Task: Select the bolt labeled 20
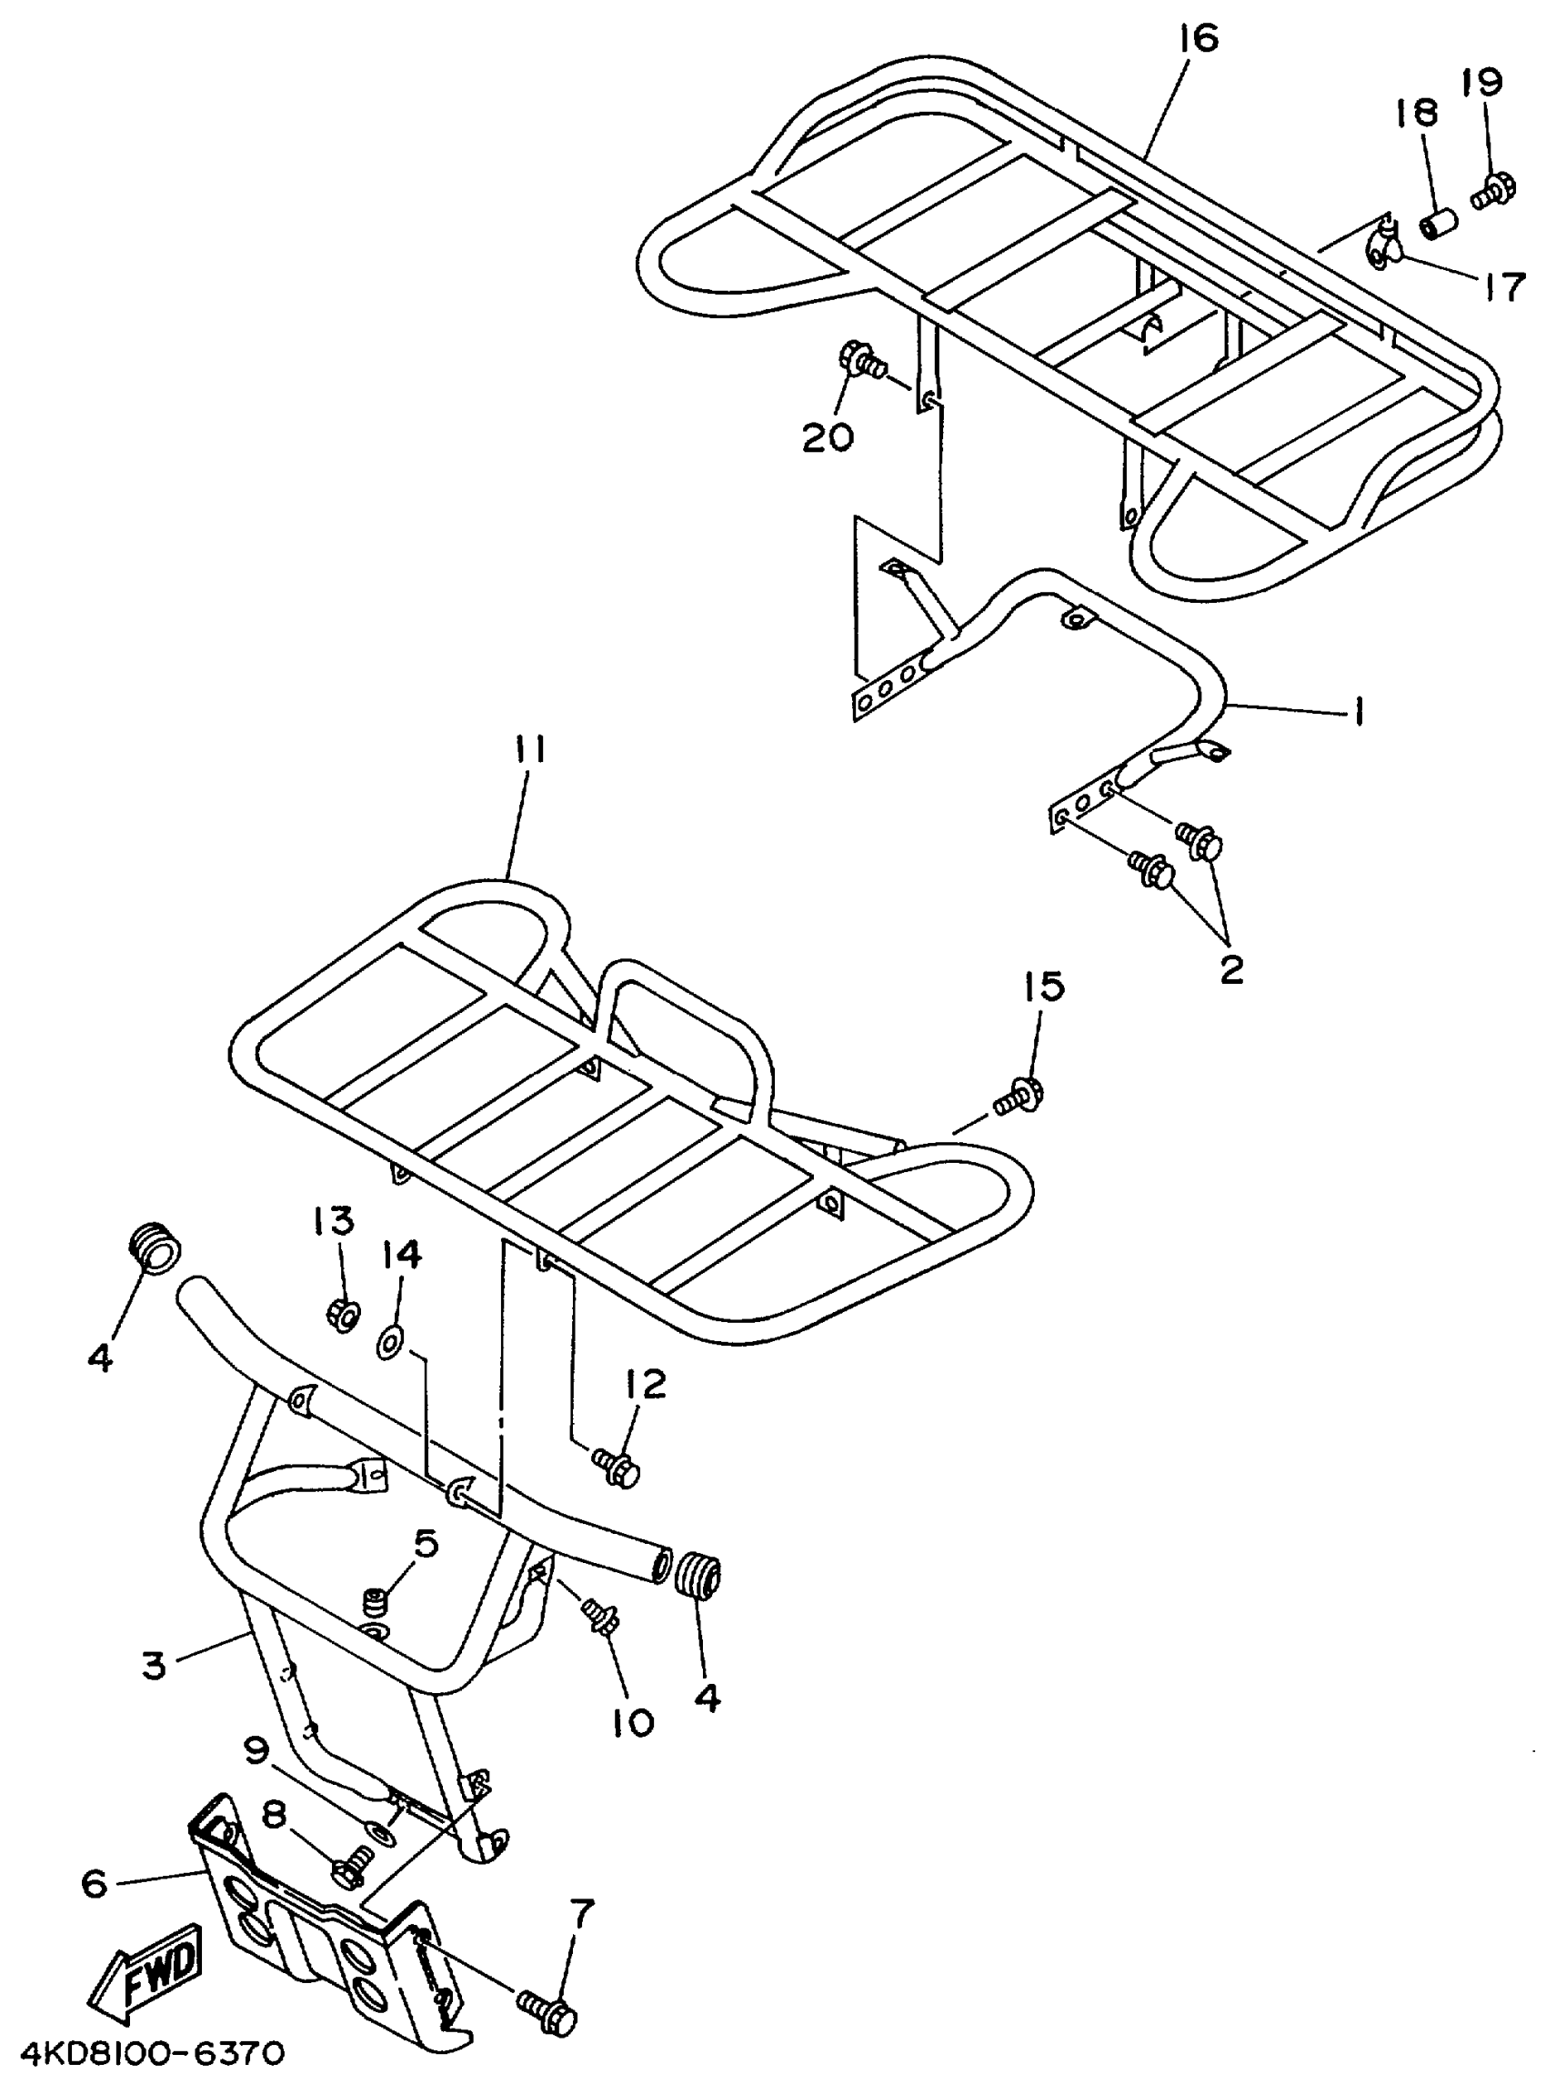pos(863,361)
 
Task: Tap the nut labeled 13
pos(344,1315)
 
